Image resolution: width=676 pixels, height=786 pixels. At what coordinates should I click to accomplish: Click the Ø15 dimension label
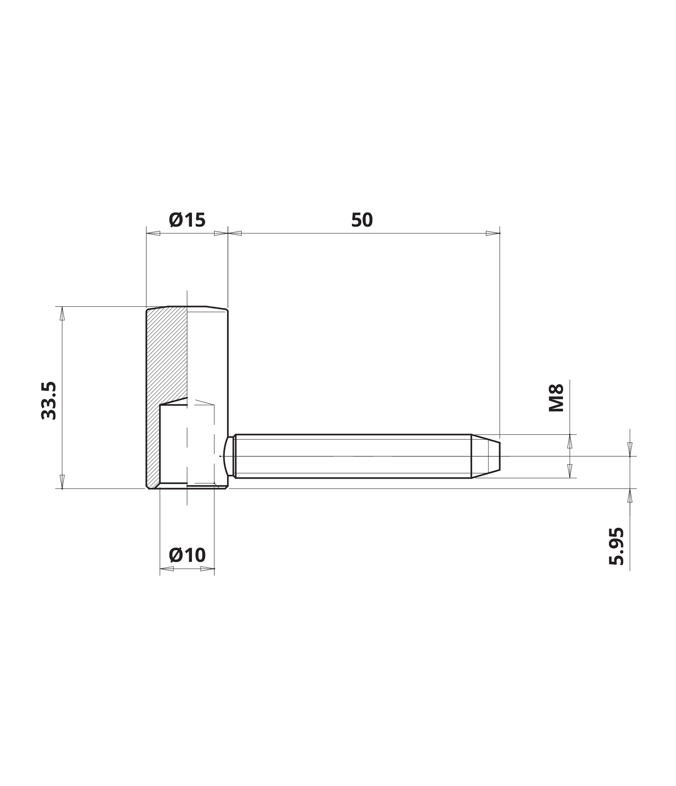click(187, 220)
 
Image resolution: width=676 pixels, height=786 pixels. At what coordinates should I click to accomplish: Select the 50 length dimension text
click(362, 220)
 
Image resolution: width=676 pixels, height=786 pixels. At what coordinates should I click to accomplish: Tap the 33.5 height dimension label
click(49, 400)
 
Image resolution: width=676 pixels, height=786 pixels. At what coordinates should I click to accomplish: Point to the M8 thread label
click(556, 398)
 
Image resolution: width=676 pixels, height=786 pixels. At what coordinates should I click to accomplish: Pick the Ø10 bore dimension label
click(187, 555)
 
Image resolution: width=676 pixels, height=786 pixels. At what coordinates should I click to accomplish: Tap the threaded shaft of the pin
click(353, 456)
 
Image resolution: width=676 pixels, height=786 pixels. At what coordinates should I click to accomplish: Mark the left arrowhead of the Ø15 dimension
click(153, 233)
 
